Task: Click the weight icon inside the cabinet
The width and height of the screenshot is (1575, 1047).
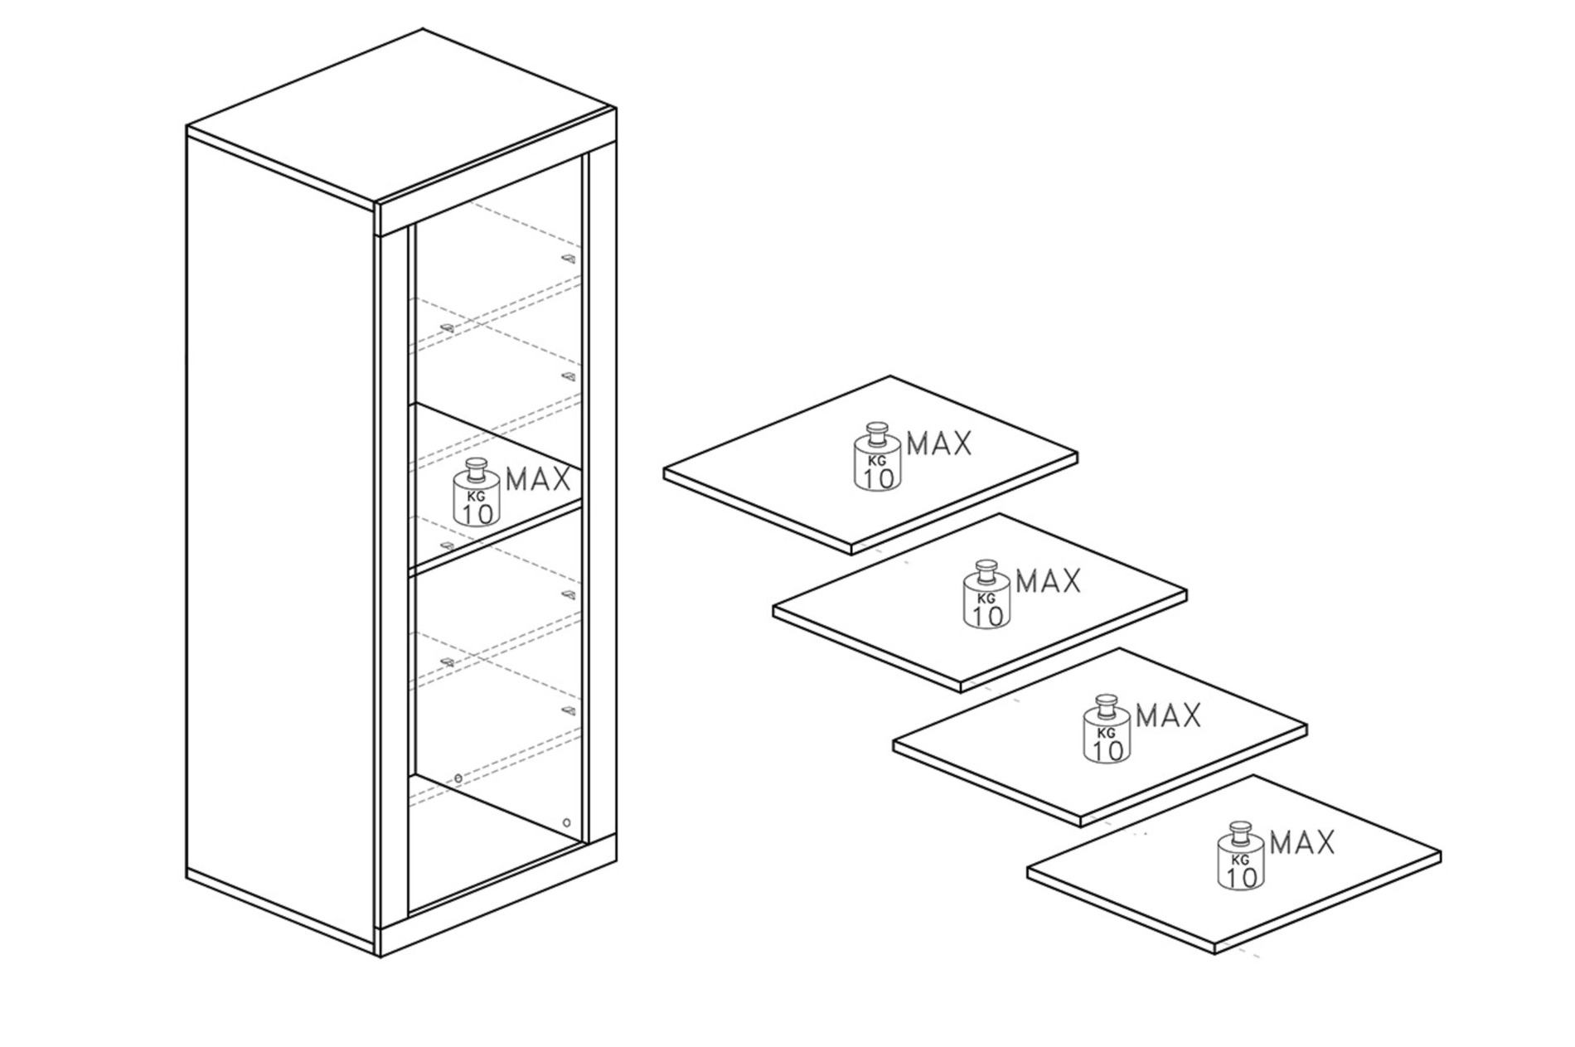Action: click(x=476, y=492)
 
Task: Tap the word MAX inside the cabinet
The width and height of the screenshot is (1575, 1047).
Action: click(x=538, y=479)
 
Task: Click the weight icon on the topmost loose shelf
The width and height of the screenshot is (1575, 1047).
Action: click(x=878, y=457)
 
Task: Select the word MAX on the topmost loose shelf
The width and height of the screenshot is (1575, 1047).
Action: click(x=939, y=444)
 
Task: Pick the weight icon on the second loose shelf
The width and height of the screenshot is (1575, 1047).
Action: click(x=986, y=594)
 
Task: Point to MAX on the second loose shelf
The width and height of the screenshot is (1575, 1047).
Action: click(x=1049, y=581)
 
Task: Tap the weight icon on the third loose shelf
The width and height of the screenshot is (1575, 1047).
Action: click(x=1107, y=729)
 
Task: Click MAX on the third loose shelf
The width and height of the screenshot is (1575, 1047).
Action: click(x=1168, y=715)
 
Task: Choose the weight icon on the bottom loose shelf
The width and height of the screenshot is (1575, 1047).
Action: click(x=1241, y=856)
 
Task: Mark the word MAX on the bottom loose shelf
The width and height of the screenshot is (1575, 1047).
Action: click(x=1302, y=843)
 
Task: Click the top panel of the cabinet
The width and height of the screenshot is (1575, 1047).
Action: click(x=400, y=116)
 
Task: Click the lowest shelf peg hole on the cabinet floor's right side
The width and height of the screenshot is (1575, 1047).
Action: click(x=566, y=822)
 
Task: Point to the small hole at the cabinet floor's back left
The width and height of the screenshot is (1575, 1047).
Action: click(x=458, y=778)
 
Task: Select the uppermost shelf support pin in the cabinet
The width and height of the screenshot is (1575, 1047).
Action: click(x=567, y=259)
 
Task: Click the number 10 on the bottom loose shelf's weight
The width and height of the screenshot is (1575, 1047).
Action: click(x=1241, y=876)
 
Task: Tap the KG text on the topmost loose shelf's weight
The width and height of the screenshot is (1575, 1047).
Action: click(x=877, y=462)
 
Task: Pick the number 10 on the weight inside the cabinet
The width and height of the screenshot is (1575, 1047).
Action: click(x=477, y=513)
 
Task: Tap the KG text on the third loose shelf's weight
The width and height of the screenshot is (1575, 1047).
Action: click(x=1106, y=733)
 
